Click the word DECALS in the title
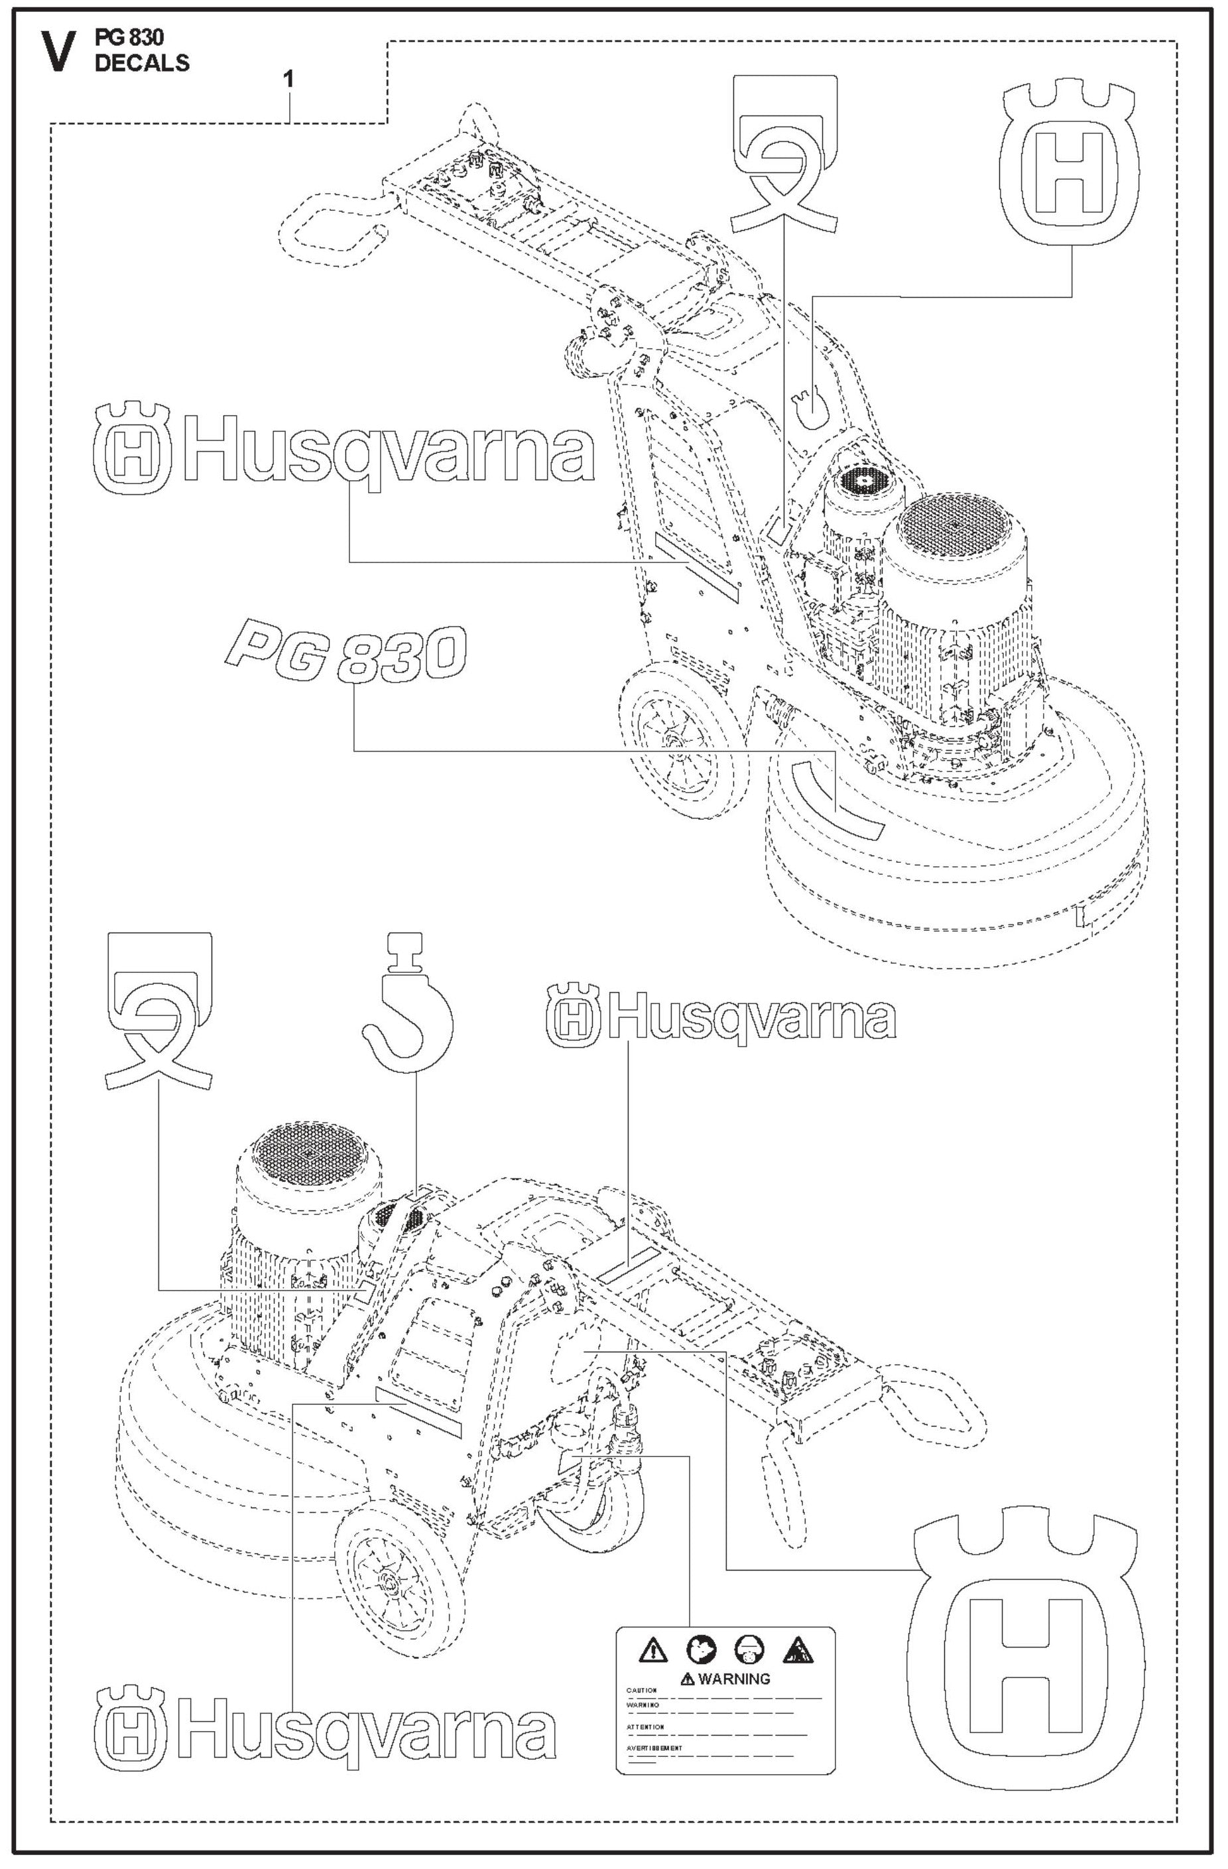click(x=142, y=64)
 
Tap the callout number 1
click(x=290, y=80)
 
